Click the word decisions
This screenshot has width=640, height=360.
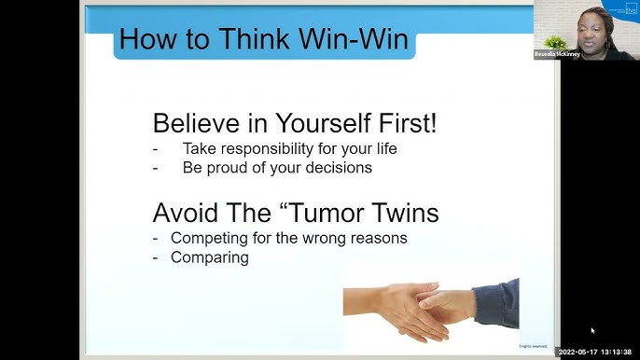tap(332, 168)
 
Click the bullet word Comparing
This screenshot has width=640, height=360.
tap(210, 256)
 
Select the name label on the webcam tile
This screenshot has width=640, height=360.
tap(557, 55)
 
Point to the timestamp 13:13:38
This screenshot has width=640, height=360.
tap(617, 352)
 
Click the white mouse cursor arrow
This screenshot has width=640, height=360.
tap(592, 330)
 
